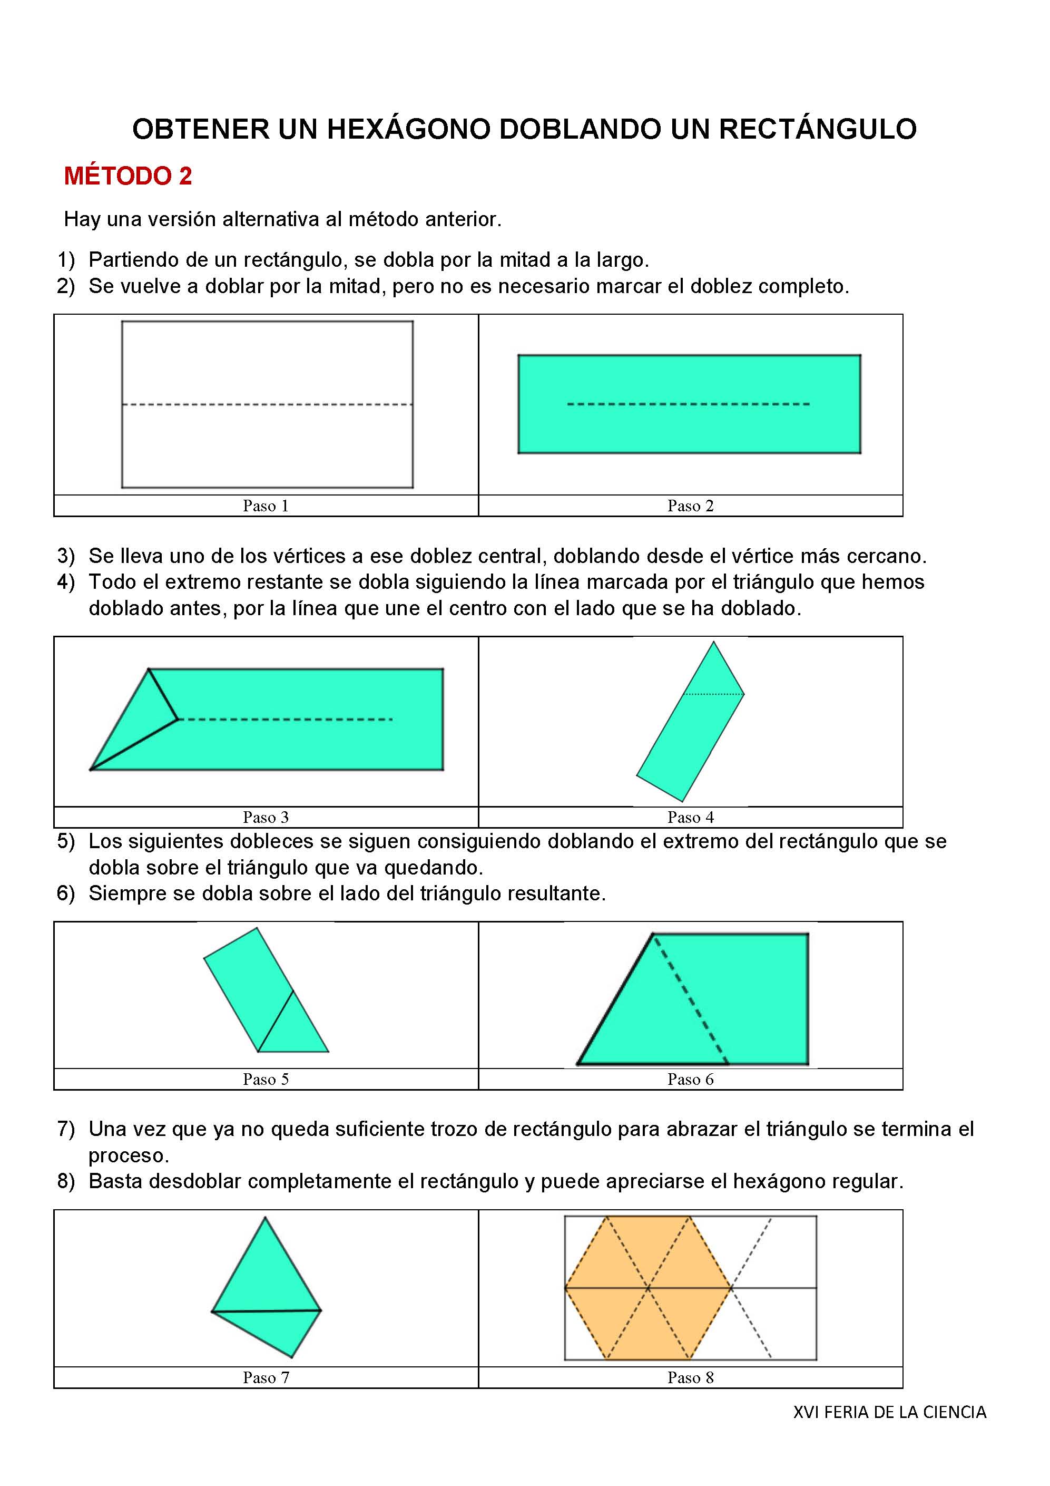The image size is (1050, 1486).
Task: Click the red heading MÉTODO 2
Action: tap(127, 176)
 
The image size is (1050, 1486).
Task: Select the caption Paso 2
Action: tap(690, 506)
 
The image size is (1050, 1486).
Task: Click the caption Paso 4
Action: tap(690, 818)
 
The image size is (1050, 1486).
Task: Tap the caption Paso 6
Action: tap(690, 1079)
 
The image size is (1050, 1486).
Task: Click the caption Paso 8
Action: tap(690, 1377)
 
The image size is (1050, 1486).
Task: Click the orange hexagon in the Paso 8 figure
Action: tap(647, 1288)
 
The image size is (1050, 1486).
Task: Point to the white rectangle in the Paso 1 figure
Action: tap(267, 363)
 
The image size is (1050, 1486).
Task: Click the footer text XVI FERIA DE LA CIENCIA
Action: tap(889, 1412)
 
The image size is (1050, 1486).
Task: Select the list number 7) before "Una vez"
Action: tap(66, 1129)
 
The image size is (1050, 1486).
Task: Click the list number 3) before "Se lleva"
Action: tap(66, 556)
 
